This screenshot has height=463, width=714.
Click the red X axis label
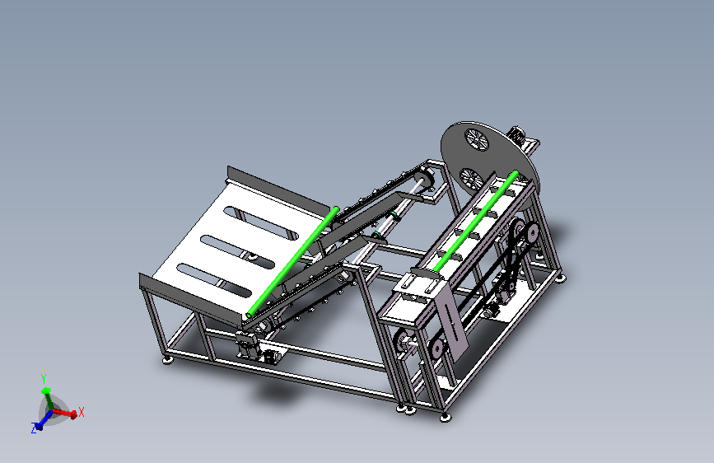82,412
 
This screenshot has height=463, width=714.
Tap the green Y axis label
44,379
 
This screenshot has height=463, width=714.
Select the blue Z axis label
34,428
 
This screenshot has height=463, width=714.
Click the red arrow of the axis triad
63,414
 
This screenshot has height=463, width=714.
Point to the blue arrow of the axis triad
44,421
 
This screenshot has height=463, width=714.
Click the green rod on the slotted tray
292,262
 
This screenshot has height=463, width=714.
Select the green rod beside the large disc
474,222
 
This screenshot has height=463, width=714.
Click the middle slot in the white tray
237,252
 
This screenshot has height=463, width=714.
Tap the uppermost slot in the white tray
261,223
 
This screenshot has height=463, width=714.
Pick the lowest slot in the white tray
214,280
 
